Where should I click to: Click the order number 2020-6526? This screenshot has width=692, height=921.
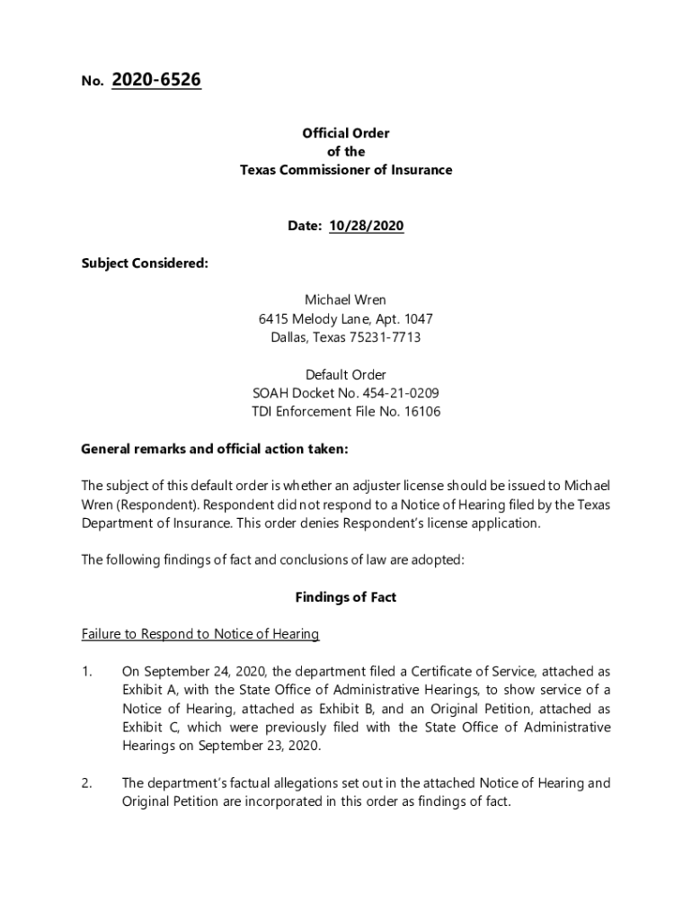tap(156, 81)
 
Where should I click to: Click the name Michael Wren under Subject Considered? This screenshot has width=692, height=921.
tap(346, 300)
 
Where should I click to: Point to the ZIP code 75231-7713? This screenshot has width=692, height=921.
tap(382, 338)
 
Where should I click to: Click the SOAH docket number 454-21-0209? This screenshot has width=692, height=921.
tap(400, 393)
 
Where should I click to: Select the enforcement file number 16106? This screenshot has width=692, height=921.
tap(421, 412)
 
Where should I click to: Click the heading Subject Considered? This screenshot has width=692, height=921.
tap(145, 264)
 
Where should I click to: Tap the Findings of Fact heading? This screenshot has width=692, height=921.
tap(346, 597)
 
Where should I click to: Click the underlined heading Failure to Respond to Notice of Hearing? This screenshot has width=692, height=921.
tap(200, 634)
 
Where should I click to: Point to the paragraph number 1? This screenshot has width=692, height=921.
tap(86, 672)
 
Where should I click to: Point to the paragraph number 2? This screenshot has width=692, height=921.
tap(86, 783)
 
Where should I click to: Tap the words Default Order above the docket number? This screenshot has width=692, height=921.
tap(346, 374)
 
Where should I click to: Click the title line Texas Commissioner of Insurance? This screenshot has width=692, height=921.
tap(346, 170)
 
